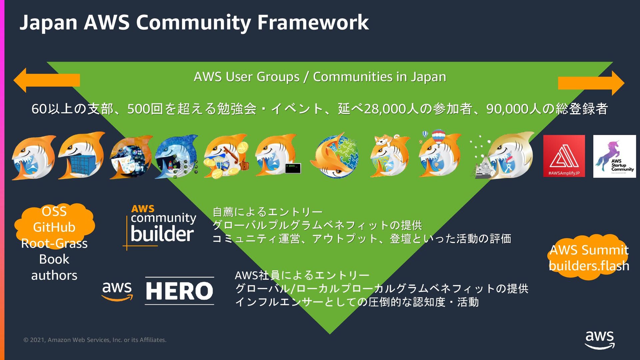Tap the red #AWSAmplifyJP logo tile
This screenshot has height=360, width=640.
click(x=564, y=156)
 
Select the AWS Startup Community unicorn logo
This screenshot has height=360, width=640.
click(x=614, y=156)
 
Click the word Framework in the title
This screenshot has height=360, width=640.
click(x=313, y=23)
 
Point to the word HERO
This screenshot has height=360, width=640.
click(x=179, y=291)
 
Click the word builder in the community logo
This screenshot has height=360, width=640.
click(x=162, y=234)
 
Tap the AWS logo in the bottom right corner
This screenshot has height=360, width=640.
click(x=600, y=340)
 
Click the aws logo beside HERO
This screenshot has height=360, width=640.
click(x=117, y=291)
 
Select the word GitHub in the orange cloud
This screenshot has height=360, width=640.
click(x=54, y=227)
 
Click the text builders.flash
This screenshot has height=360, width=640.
click(x=589, y=266)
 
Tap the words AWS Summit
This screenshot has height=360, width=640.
click(x=589, y=250)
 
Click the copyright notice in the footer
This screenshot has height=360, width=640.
click(x=95, y=340)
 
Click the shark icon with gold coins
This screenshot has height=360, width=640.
click(x=226, y=156)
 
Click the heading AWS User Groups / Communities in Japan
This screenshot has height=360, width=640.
click(x=320, y=77)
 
